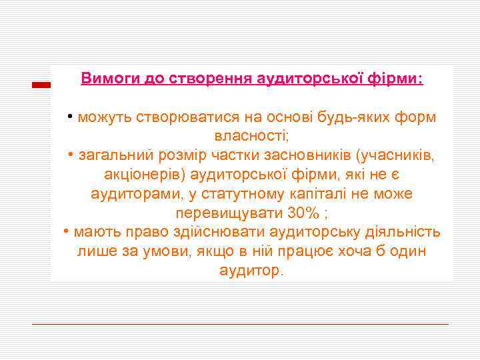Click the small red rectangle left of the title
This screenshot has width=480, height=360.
42,84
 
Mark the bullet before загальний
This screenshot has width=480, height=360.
71,156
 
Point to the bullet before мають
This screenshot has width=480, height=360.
67,233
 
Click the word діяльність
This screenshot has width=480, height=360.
402,233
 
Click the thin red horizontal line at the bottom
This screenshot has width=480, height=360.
240,324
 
